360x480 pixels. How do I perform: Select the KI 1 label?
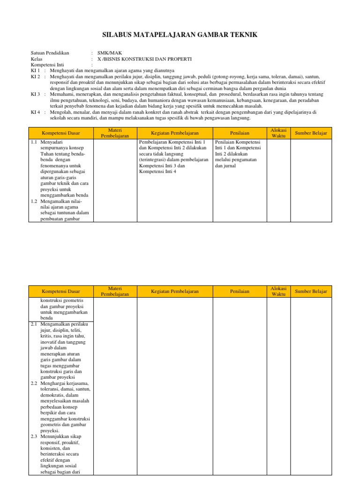pyautogui.click(x=36, y=70)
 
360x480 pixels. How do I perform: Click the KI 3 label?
pyautogui.click(x=36, y=94)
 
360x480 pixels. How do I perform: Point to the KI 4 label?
pyautogui.click(x=36, y=112)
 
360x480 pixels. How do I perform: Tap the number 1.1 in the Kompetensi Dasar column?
pyautogui.click(x=34, y=142)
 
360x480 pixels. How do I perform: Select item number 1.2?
pyautogui.click(x=34, y=201)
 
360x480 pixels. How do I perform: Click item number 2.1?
pyautogui.click(x=34, y=324)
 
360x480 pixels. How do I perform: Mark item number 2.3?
pyautogui.click(x=34, y=436)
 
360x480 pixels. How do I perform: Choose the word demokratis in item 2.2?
pyautogui.click(x=53, y=395)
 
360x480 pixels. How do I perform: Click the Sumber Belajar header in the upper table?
pyautogui.click(x=311, y=134)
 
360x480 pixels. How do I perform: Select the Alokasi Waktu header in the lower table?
pyautogui.click(x=278, y=291)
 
